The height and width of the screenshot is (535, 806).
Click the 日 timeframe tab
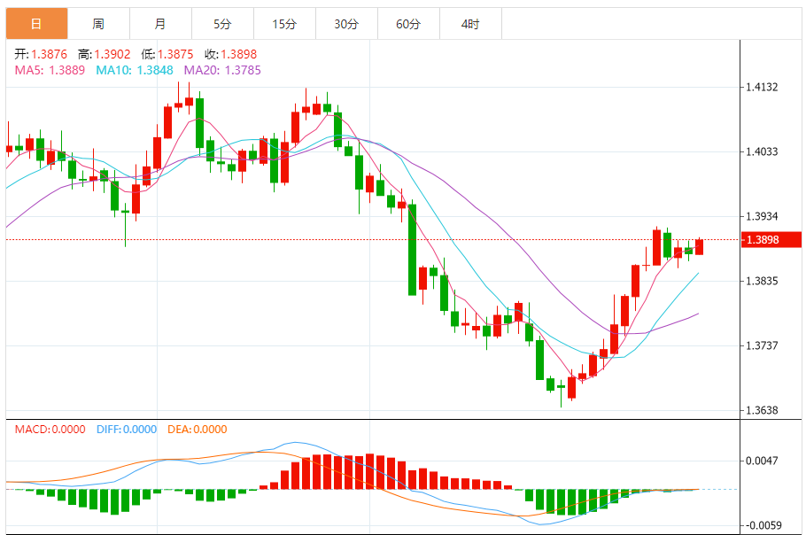point(35,24)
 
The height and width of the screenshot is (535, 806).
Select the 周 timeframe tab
point(97,24)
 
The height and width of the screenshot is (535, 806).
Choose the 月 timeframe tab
point(159,24)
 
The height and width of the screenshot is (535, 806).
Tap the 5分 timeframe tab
point(221,24)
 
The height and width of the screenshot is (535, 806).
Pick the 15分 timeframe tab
point(284,24)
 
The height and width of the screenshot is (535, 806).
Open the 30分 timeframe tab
point(346,24)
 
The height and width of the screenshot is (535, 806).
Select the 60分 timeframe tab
point(408,24)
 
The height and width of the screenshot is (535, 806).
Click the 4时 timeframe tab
point(470,24)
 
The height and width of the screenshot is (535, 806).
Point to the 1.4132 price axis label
point(762,87)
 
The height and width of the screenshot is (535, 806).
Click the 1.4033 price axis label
point(762,151)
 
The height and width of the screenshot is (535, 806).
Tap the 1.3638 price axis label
point(762,410)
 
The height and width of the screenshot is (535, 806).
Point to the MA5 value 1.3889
point(66,70)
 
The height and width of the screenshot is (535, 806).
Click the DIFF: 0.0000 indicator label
point(127,430)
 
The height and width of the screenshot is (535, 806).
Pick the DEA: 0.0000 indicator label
point(197,430)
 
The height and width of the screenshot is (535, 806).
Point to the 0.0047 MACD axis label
point(762,461)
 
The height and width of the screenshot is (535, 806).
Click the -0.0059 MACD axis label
point(762,525)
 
